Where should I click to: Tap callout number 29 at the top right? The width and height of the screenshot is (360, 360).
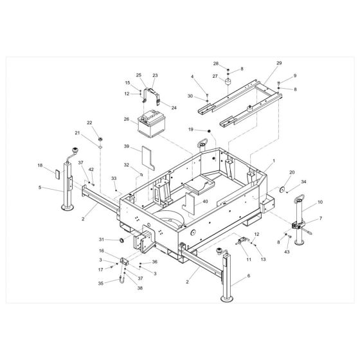tap(279, 63)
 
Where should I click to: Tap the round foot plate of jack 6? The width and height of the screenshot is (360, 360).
tap(230, 300)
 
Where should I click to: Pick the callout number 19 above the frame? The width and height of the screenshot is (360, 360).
tap(190, 130)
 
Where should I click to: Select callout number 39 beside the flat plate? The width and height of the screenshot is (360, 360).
tap(127, 146)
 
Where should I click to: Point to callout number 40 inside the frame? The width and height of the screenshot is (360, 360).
tap(205, 202)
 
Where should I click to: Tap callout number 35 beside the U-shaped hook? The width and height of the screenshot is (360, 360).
tap(100, 282)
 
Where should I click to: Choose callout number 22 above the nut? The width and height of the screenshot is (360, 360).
tap(90, 123)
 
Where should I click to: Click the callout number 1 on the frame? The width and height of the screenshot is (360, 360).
tap(273, 160)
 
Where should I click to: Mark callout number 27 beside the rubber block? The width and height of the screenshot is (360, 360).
tap(216, 75)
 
